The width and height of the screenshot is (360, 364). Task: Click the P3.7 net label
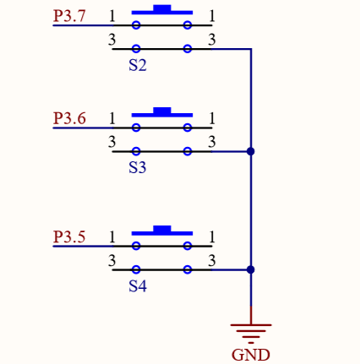click(69, 16)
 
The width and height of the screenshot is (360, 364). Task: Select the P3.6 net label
click(69, 118)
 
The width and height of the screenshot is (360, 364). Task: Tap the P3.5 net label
click(69, 236)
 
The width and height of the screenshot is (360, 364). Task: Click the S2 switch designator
click(138, 65)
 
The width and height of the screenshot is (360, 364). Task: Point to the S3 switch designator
click(138, 167)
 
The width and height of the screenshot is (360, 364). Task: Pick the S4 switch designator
click(138, 286)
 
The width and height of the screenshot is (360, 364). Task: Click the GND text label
click(251, 355)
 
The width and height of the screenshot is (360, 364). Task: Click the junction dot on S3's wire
click(251, 151)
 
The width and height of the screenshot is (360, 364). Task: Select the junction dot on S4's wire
click(251, 269)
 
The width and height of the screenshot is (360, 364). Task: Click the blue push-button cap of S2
click(162, 10)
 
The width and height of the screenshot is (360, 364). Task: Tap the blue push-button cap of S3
click(162, 112)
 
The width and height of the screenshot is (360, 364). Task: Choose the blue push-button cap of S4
click(162, 231)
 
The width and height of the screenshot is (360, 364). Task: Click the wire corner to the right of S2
click(251, 49)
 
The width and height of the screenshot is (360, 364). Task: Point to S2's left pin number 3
click(112, 40)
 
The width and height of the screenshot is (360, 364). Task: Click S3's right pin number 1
click(212, 118)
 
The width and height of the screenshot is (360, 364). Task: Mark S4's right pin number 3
click(212, 260)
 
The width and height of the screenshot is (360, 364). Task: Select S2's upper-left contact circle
click(136, 25)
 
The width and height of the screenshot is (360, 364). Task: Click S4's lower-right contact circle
click(188, 269)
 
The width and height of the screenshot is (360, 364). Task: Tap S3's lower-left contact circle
click(136, 151)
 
